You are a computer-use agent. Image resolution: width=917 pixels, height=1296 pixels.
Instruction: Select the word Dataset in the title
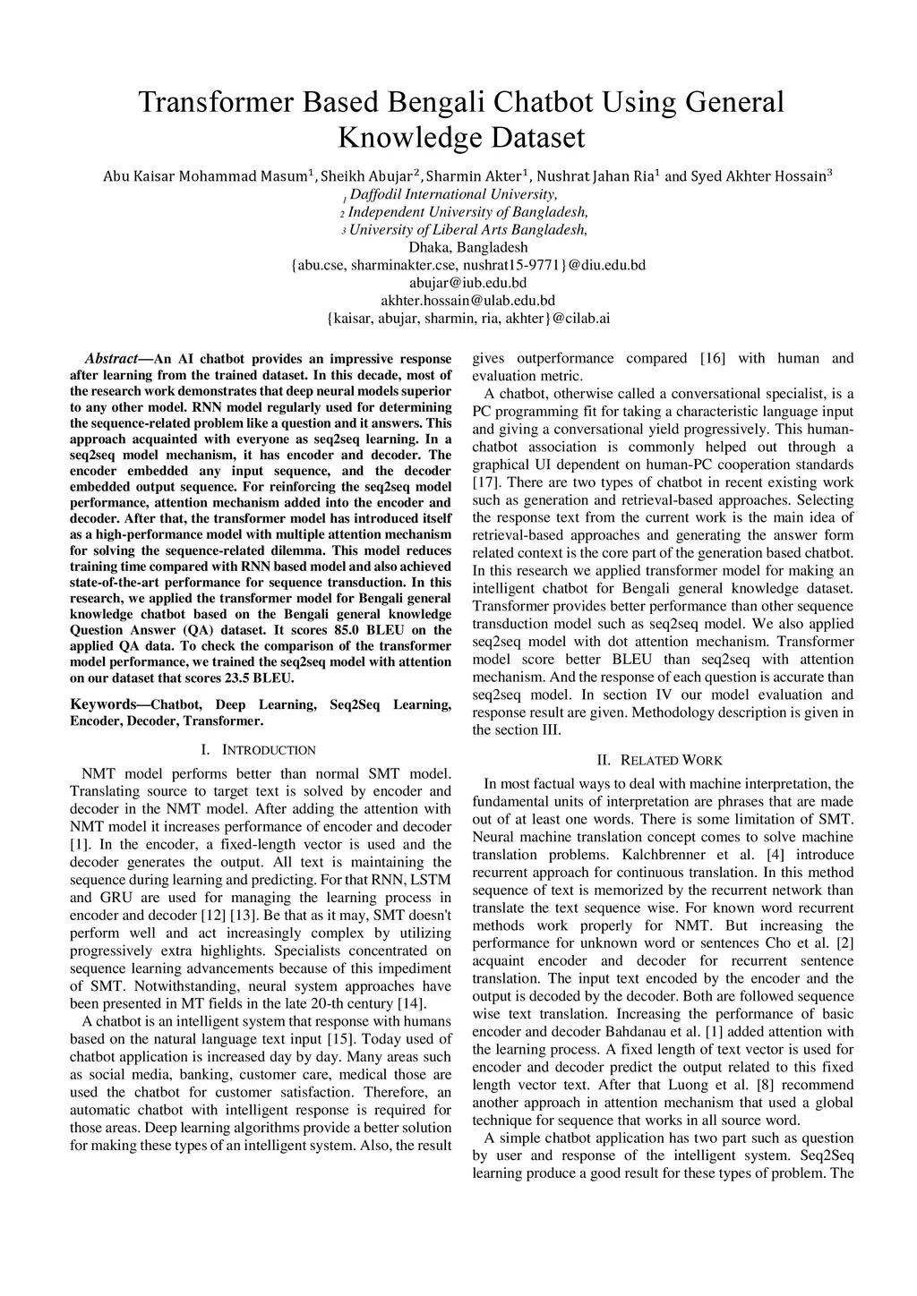(x=537, y=138)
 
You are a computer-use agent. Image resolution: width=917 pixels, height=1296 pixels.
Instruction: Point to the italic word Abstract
(x=111, y=359)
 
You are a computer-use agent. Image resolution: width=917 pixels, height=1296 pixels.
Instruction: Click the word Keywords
(x=103, y=705)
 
